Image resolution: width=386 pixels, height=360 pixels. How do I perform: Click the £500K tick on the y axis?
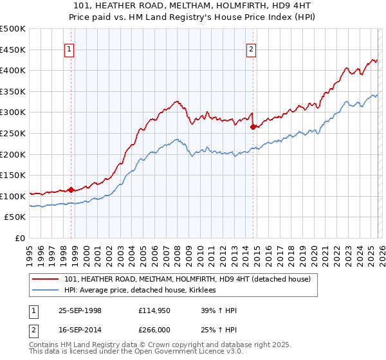point(14,29)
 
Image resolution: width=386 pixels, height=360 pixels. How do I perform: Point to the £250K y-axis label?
point(14,133)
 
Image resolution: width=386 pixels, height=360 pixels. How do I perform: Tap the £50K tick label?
point(16,217)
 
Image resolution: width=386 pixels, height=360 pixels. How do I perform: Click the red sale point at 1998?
point(71,190)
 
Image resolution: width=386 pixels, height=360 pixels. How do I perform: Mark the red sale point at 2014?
point(253,127)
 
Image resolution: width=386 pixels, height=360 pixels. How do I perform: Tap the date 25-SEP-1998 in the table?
point(80,310)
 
